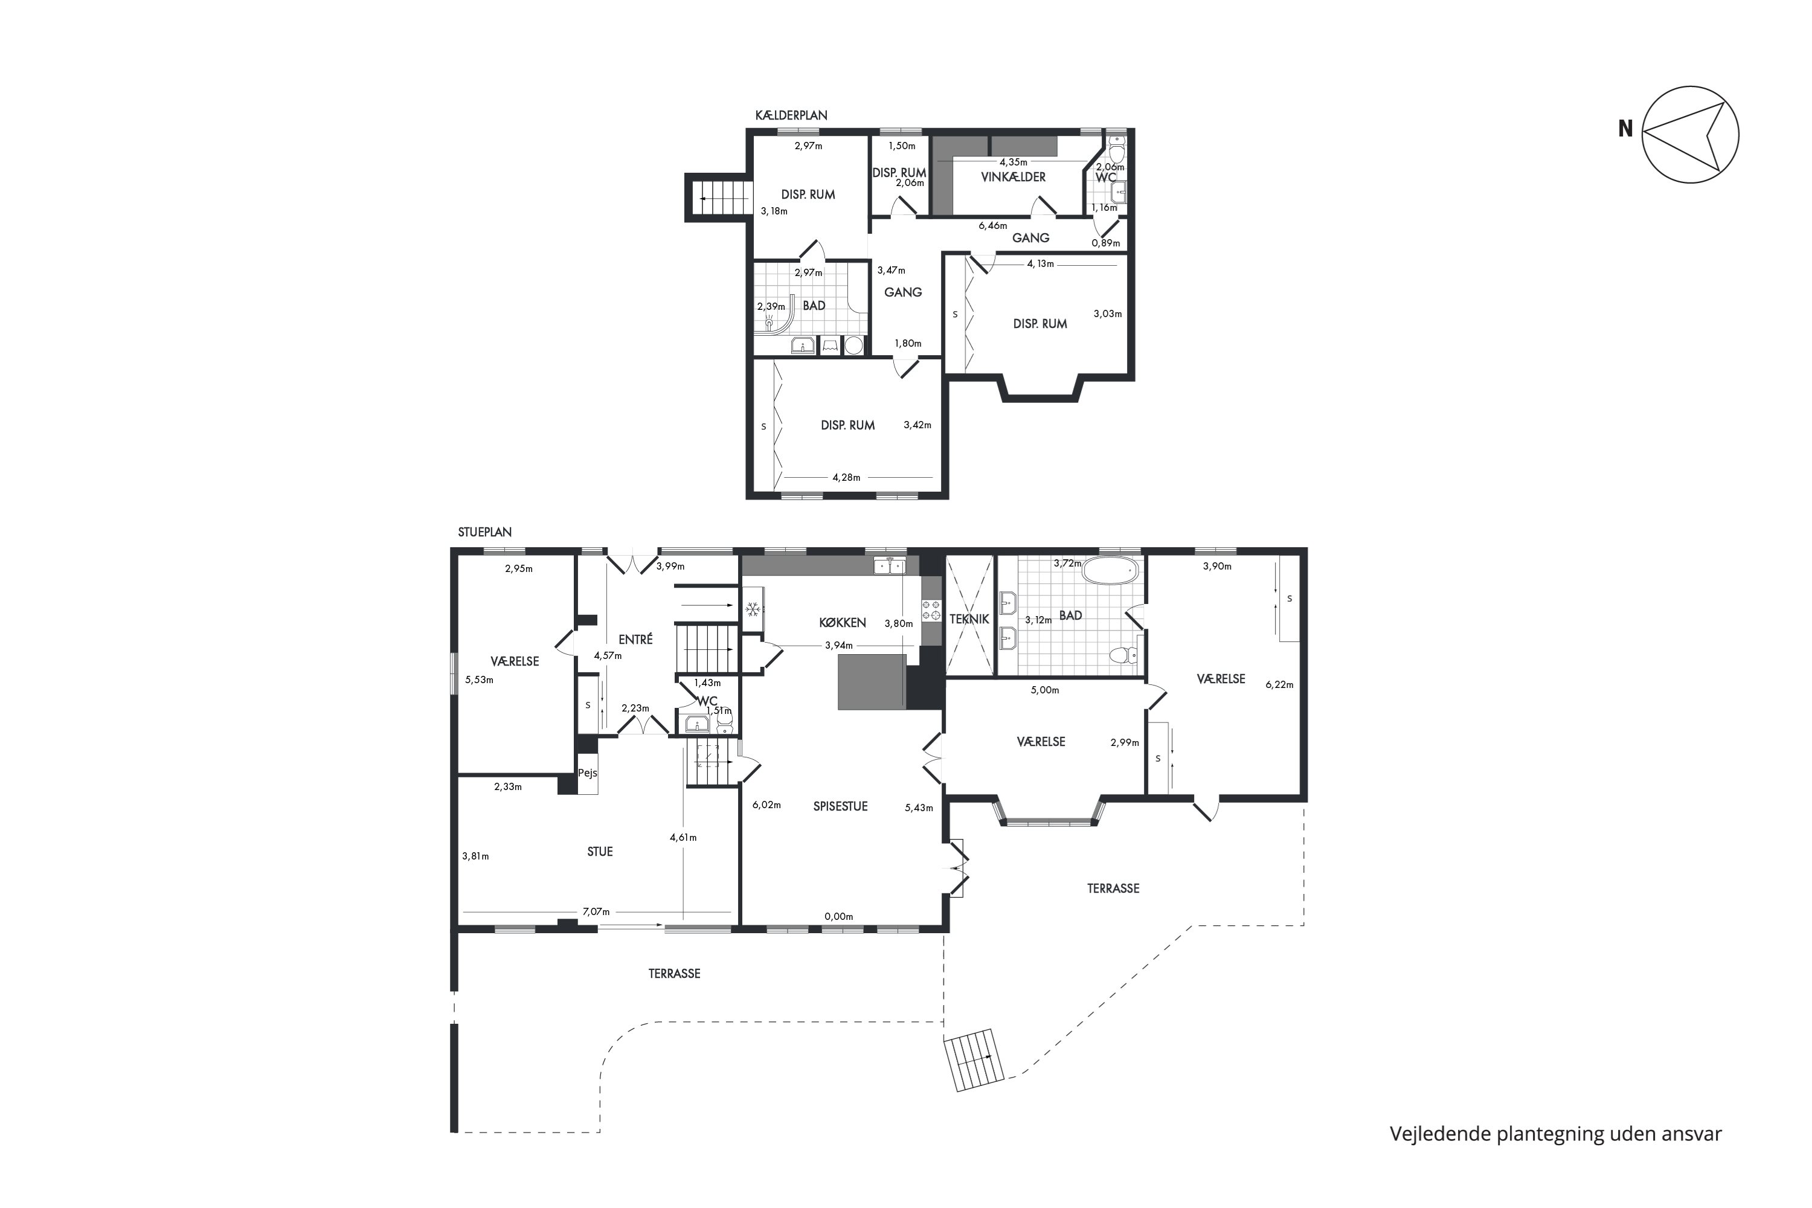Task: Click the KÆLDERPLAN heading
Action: coord(791,115)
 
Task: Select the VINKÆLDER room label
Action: coord(1013,177)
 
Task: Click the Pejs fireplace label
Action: coord(588,773)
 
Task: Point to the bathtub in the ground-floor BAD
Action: coord(1110,571)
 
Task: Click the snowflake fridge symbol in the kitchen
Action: coord(753,610)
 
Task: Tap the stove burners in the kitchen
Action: coord(931,610)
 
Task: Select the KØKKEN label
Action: coord(843,623)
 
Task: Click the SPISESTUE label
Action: coord(841,806)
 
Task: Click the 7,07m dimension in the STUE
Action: coord(596,911)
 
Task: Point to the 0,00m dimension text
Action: coord(839,917)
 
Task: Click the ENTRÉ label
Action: coord(635,640)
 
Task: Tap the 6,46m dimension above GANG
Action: coord(993,226)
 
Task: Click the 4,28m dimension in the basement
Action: coord(846,478)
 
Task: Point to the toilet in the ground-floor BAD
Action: coord(1124,655)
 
